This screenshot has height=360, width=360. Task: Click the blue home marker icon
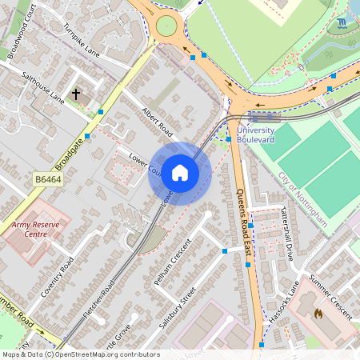point(180,173)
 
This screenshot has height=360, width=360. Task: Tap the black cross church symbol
point(76,94)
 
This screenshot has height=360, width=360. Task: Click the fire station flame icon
point(320,312)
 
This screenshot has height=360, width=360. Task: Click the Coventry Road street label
point(59,276)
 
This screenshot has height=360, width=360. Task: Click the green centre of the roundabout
point(166,26)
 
